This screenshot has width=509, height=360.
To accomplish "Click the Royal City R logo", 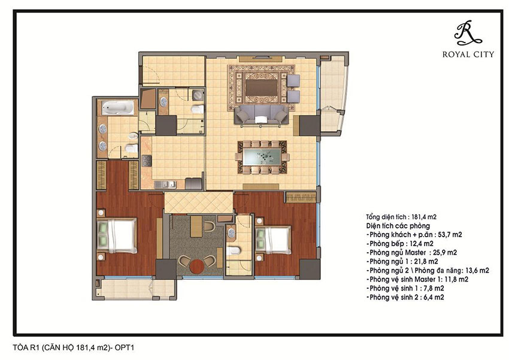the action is click(x=467, y=33).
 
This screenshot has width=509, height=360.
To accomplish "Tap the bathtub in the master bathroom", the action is click(x=118, y=107).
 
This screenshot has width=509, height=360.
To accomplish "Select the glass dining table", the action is click(x=262, y=158).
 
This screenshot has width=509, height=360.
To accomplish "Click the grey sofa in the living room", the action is click(x=262, y=114).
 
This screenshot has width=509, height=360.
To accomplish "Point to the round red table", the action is click(x=196, y=266).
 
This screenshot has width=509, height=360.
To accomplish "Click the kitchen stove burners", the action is click(x=146, y=161).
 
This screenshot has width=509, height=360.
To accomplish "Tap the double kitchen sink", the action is click(x=165, y=184).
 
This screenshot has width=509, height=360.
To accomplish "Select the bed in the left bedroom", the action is click(x=117, y=235).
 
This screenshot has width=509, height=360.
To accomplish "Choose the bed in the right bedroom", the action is click(x=273, y=240).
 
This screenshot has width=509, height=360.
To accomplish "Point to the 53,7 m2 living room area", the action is click(x=450, y=235).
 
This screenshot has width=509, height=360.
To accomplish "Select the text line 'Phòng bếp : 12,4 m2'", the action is click(x=400, y=244).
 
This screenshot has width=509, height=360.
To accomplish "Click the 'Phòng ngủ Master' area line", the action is click(x=411, y=253).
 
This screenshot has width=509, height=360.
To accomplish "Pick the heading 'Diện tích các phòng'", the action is click(x=398, y=226).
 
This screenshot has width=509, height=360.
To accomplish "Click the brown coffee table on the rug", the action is click(x=262, y=87).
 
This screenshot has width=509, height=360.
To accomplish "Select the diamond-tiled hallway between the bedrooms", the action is click(x=199, y=203).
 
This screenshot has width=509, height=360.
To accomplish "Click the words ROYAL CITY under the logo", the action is click(x=468, y=55).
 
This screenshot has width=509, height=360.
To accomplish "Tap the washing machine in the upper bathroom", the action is click(x=198, y=95).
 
